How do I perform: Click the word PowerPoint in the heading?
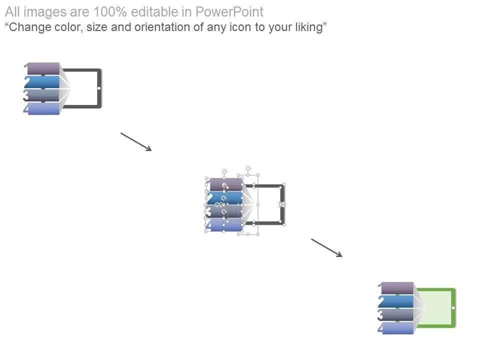click(232, 12)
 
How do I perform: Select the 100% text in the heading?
click(107, 12)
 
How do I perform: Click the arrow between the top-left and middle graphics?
click(136, 141)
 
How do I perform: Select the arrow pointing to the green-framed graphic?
click(326, 247)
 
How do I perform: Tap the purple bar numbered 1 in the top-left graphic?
click(44, 68)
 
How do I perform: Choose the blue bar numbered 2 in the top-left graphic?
click(44, 82)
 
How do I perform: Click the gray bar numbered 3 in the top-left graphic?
click(44, 95)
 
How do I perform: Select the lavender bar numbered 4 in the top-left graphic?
click(44, 108)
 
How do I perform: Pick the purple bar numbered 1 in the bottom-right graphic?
click(397, 288)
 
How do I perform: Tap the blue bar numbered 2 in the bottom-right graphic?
click(397, 301)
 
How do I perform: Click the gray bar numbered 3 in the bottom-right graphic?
click(397, 314)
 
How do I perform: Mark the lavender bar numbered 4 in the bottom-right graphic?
click(397, 328)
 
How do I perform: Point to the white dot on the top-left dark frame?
click(99, 88)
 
